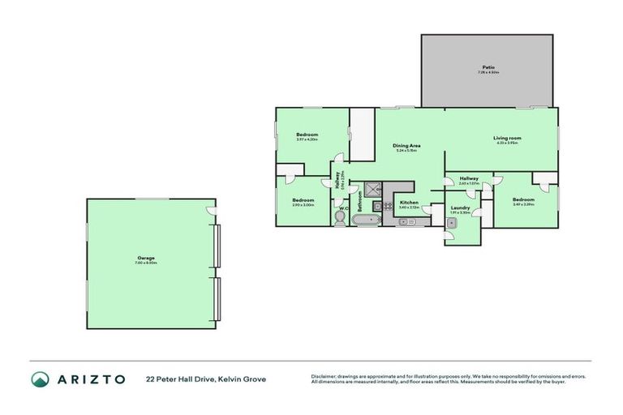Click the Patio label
coord(488,67)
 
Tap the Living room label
coord(507,138)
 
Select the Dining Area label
coord(406,145)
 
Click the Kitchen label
coord(409,202)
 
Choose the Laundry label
coord(460,208)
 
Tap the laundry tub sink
coord(450,237)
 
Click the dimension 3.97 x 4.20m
coord(307,139)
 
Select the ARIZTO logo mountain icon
coord(41,379)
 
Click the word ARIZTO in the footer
coord(90,379)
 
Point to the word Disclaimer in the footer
coord(324,376)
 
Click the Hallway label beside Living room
coord(469,178)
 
